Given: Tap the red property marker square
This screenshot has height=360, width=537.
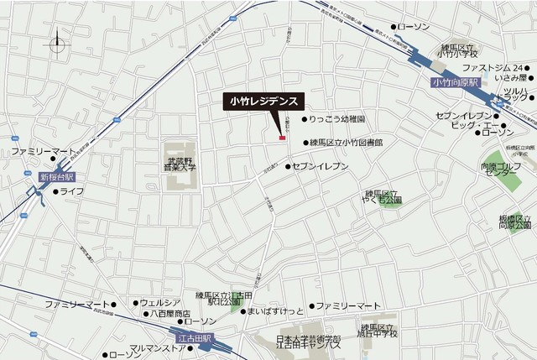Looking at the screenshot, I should [283, 136].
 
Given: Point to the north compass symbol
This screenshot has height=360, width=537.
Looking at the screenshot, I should [58, 43].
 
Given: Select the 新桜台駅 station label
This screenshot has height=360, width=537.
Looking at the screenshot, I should [56, 177].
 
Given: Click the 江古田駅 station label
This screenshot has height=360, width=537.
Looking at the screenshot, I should [192, 337].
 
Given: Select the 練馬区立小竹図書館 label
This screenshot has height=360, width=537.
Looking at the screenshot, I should [345, 143].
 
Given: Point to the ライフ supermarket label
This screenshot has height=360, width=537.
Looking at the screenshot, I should [70, 191].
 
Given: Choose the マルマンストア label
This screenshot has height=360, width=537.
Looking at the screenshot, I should [157, 347].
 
